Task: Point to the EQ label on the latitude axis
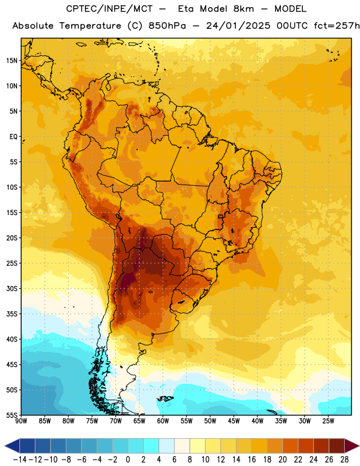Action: click(13, 137)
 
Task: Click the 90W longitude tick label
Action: click(22, 421)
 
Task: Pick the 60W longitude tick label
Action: click(163, 421)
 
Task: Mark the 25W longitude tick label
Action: click(328, 421)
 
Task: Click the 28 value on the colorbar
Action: click(344, 460)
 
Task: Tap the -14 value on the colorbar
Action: click(20, 460)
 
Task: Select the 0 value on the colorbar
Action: click(128, 460)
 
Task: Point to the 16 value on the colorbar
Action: click(252, 460)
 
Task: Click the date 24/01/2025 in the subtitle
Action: click(238, 26)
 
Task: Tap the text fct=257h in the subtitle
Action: click(337, 26)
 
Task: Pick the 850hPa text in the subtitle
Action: click(167, 26)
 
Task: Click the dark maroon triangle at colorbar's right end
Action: click(352, 446)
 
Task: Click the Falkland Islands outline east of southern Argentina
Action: click(165, 398)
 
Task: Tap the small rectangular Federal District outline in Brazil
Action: click(221, 217)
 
